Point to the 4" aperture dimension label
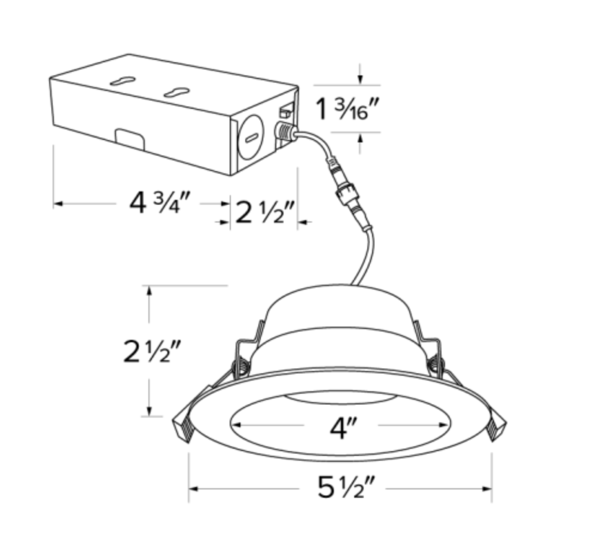point(342,427)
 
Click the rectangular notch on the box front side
point(128,136)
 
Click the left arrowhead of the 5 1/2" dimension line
point(193,489)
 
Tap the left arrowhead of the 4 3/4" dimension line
point(57,204)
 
